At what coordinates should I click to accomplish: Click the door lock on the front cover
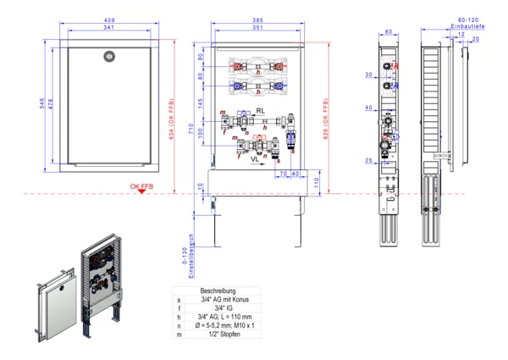pos(107,56)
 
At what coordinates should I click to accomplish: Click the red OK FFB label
pos(141,186)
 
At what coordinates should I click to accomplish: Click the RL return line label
pos(261,111)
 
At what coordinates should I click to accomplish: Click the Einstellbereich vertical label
pos(192,256)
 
